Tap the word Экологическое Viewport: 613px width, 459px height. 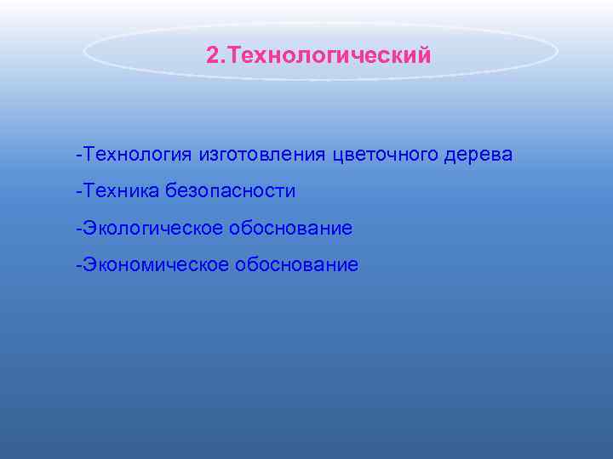(148, 229)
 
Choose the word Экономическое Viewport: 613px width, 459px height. (152, 265)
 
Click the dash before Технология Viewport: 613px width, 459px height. (77, 156)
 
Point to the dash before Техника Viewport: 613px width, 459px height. (77, 191)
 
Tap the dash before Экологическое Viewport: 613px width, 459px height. (77, 229)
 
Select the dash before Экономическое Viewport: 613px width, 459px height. (77, 265)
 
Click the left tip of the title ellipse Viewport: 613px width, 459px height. (84, 52)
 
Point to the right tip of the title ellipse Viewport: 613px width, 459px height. (558, 52)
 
